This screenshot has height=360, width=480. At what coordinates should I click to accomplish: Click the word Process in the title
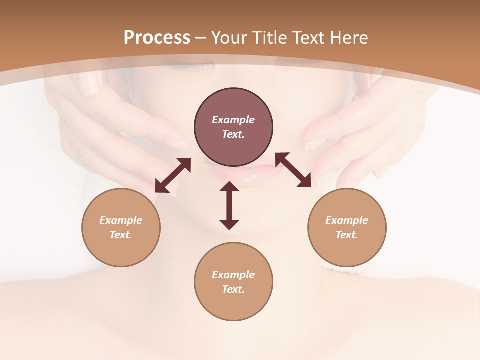coord(157,38)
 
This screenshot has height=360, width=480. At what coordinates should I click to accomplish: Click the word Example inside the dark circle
coord(233,120)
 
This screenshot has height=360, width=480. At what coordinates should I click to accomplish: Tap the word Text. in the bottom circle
coord(233,289)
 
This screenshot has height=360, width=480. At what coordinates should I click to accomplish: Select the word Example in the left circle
coord(121,220)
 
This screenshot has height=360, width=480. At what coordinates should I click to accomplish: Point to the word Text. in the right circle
coord(347,235)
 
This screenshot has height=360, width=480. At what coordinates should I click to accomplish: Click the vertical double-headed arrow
coord(229,205)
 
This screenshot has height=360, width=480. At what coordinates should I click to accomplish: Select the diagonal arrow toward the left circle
coord(173,175)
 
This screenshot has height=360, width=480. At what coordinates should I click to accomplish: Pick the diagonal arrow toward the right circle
coord(293,170)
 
